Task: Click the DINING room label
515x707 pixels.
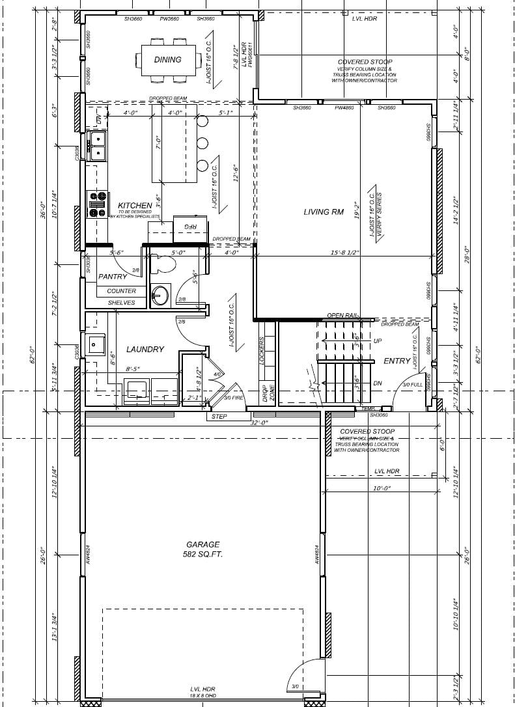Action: [167, 60]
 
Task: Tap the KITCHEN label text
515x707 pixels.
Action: [135, 206]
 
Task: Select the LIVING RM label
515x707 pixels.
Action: [324, 212]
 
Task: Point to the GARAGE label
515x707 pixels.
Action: [202, 544]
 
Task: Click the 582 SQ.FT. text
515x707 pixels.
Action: [202, 555]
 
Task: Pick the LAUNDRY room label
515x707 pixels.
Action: [145, 350]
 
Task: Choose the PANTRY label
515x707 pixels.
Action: [112, 277]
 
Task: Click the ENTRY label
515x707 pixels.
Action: [397, 361]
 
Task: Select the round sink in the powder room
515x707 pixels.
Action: [160, 296]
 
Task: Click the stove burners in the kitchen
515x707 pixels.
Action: [98, 203]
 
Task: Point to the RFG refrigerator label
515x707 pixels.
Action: [190, 227]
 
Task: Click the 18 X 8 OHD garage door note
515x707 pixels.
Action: [202, 697]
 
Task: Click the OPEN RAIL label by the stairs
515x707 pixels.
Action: [342, 315]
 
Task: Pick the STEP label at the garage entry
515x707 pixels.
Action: [219, 416]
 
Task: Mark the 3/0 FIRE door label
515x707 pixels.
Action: [234, 398]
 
